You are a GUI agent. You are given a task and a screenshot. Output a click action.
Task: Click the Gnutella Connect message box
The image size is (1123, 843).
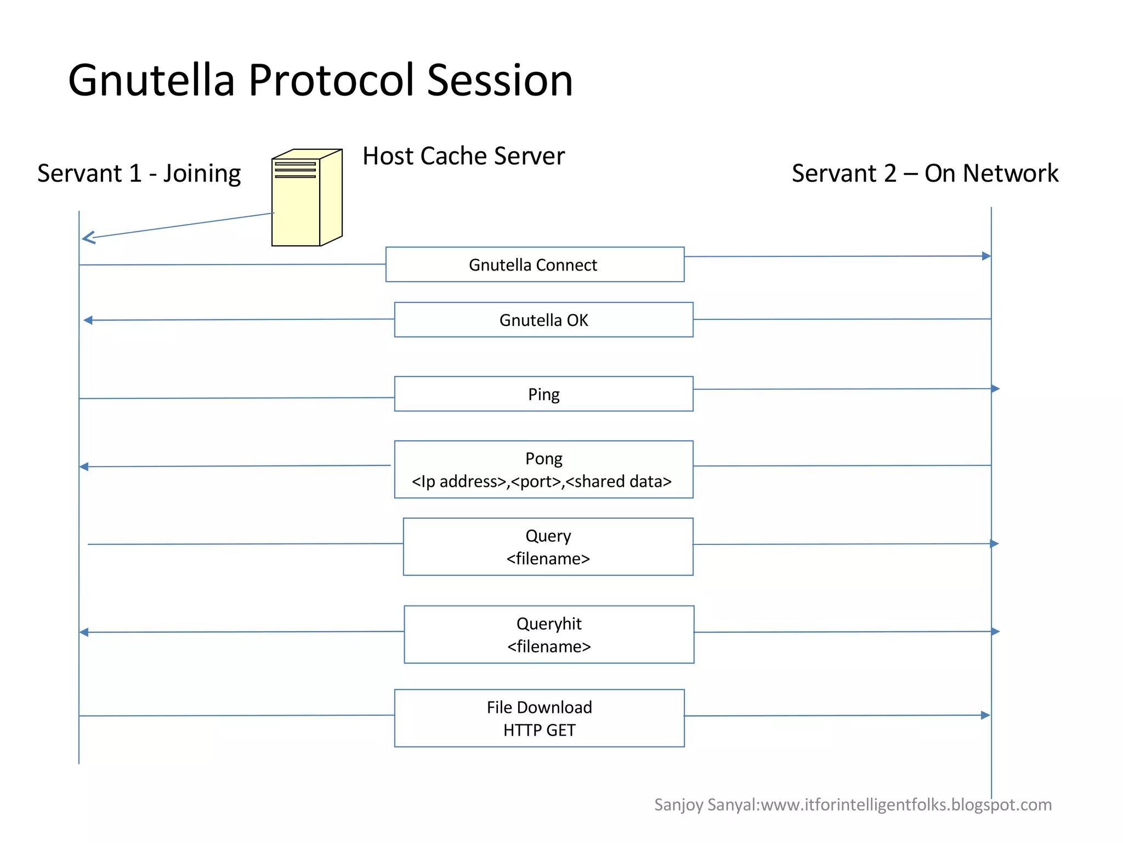[x=535, y=265]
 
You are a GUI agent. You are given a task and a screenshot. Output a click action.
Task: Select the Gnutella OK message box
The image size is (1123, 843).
[x=543, y=320]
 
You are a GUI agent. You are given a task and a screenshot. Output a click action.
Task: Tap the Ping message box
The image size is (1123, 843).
[x=543, y=394]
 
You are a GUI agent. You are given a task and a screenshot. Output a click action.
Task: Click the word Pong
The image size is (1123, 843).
[x=543, y=458]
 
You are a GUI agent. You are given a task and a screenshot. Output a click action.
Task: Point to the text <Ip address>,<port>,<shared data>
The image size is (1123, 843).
[x=542, y=481]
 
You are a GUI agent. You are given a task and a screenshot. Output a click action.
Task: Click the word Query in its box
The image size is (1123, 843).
[x=548, y=536]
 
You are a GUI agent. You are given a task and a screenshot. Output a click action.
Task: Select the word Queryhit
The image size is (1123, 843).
[x=549, y=623]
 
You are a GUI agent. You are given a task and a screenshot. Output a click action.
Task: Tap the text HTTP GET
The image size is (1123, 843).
[x=539, y=730]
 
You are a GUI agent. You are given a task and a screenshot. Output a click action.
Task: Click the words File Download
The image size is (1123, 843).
[x=539, y=707]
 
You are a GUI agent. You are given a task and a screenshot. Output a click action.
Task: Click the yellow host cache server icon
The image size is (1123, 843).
[x=307, y=198]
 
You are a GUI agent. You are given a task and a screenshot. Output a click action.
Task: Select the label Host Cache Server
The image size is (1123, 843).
[x=463, y=156]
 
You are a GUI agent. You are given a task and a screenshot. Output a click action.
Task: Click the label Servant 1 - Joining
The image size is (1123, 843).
[x=139, y=173]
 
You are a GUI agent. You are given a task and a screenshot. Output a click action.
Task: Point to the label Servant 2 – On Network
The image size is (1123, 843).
[x=925, y=173]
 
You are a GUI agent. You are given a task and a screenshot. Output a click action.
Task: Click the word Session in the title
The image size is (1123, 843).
[x=500, y=80]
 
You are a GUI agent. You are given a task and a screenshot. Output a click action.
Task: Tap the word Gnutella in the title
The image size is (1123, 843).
[x=151, y=80]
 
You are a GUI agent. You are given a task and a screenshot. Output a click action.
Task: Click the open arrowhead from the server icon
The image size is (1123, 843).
[x=88, y=238]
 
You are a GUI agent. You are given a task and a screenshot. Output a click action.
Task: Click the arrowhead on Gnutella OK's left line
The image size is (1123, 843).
[x=88, y=320]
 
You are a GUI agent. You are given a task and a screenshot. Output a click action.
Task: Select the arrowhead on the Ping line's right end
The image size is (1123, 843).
[x=995, y=389]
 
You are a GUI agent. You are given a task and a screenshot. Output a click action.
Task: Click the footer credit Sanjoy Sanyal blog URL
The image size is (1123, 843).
[x=853, y=805]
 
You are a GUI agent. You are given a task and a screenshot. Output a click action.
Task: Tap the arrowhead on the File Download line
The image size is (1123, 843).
[x=985, y=715]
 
